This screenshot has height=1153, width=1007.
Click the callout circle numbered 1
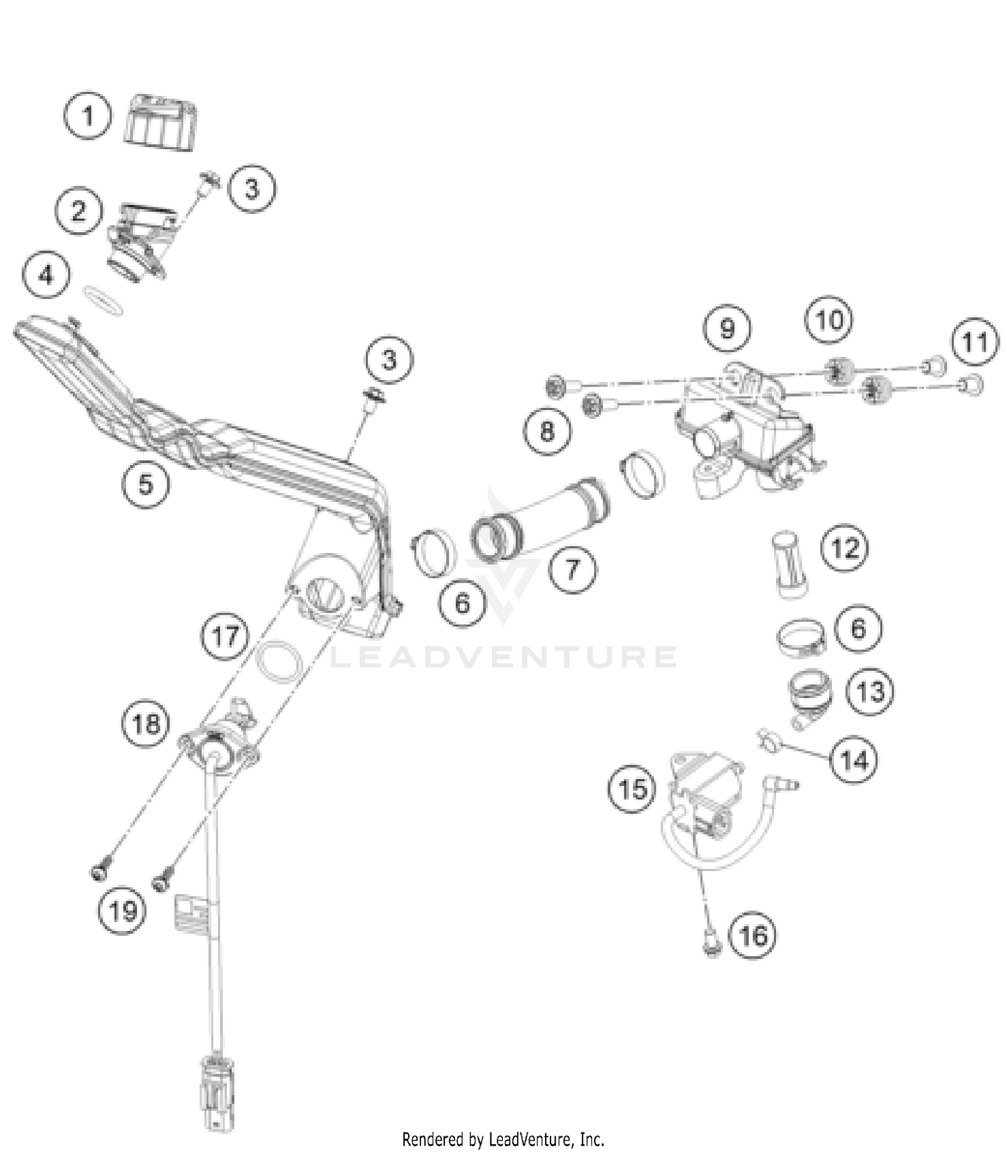click(88, 116)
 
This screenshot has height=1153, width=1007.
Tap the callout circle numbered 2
click(79, 211)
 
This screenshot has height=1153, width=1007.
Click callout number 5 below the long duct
click(146, 484)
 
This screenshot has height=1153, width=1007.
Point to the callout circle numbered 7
click(572, 570)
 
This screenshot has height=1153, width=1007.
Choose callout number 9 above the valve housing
click(728, 329)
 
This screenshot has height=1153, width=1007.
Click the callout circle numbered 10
click(829, 320)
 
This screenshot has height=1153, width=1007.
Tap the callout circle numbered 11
click(975, 342)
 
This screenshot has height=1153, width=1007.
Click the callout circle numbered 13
click(871, 691)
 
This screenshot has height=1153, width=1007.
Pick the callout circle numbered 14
click(854, 760)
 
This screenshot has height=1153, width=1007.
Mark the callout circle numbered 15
click(632, 789)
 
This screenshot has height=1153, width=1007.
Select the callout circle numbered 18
click(146, 724)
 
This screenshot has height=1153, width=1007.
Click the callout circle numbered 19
click(122, 911)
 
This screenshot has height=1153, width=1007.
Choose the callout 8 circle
click(547, 430)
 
